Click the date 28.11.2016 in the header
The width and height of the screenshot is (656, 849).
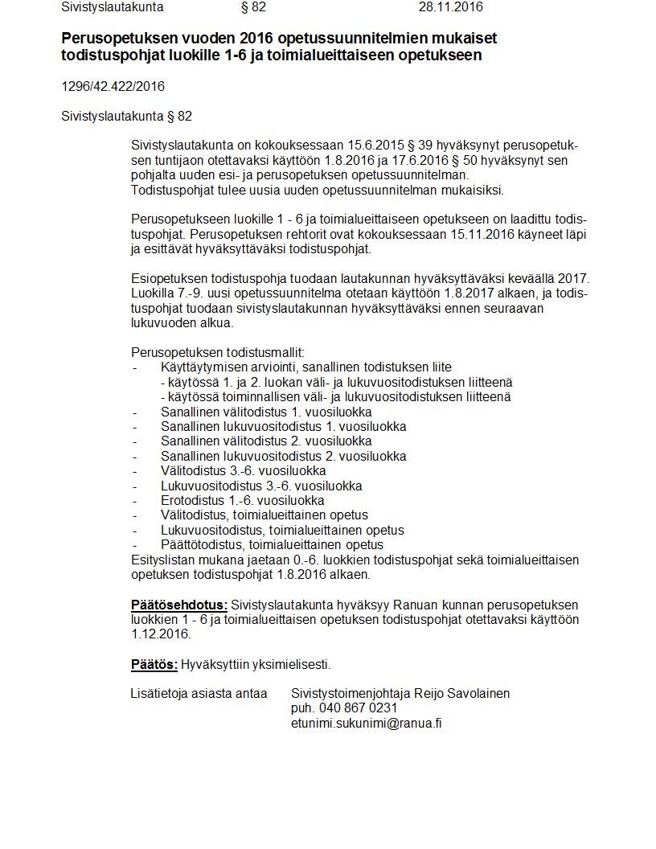[450, 7]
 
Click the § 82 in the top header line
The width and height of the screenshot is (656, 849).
[253, 7]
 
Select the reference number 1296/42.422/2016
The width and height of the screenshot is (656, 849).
[113, 86]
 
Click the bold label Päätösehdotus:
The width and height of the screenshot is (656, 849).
[179, 605]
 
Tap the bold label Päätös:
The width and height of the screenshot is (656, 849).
[154, 664]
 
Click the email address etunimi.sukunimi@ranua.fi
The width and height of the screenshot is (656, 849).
[367, 723]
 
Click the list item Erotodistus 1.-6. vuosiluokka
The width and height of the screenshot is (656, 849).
[242, 500]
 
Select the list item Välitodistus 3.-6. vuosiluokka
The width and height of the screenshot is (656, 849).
[243, 470]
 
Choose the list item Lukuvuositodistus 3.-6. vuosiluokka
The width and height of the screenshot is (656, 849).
[261, 486]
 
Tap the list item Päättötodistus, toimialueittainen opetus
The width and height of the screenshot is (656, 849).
[272, 544]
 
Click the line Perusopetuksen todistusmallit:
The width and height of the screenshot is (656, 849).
[218, 352]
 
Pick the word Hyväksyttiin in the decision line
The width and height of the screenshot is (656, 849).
[213, 664]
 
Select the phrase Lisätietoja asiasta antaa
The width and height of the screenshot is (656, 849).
[199, 693]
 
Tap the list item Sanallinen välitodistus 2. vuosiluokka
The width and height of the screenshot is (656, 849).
[266, 441]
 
